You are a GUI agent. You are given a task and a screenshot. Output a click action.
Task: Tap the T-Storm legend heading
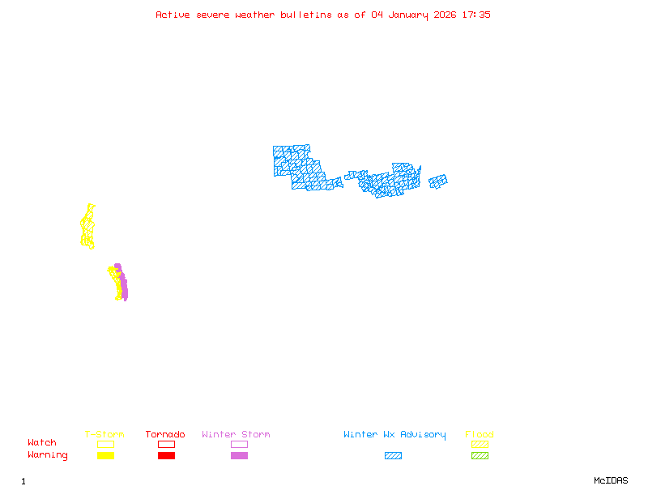coord(104,435)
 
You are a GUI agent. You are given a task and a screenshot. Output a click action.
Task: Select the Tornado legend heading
coord(165,435)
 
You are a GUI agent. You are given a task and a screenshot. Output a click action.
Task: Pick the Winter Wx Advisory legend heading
coord(394,435)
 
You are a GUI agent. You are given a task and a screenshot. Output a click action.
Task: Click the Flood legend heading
coord(480,435)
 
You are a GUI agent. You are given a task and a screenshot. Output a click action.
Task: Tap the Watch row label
coord(42,443)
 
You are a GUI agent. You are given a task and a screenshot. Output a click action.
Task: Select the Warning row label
coord(48,455)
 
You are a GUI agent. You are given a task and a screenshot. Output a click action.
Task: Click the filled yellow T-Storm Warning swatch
coord(105,456)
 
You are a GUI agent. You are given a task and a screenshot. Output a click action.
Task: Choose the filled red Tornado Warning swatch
coord(166,456)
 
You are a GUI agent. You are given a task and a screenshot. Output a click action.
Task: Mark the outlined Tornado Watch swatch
coord(166,444)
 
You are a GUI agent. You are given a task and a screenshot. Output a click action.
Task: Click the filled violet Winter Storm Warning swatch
coord(239,456)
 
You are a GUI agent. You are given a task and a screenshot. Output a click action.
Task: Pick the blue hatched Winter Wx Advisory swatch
coord(393,456)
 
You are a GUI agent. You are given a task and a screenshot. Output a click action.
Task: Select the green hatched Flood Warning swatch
coord(480,456)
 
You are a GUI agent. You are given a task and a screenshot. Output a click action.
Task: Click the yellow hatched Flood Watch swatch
coord(480,444)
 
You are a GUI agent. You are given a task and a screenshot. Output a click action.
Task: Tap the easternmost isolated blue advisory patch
coord(437,181)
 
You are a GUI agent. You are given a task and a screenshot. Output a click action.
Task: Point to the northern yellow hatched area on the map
coord(87,227)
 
